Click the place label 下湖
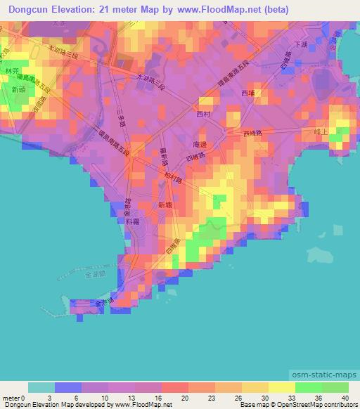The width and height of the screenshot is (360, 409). (302, 44)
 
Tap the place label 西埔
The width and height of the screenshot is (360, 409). (248, 92)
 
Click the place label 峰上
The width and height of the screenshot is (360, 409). (321, 131)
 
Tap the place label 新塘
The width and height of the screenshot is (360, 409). (165, 204)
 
